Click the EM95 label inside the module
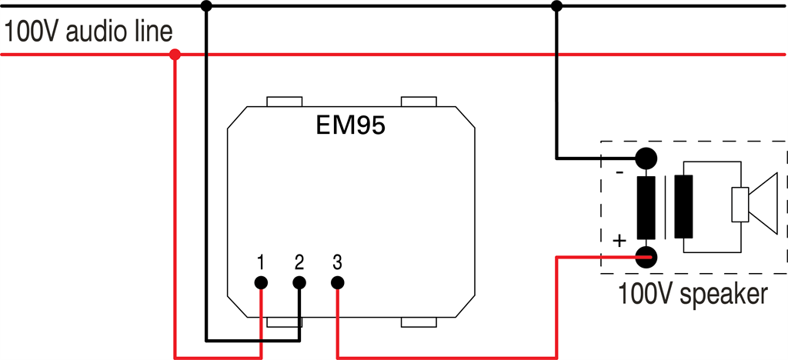[350, 125]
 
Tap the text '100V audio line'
[88, 32]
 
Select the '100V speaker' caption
[692, 294]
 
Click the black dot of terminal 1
[262, 282]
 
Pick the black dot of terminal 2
[299, 282]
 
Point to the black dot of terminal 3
[337, 282]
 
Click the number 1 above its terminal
[262, 262]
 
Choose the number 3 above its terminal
[337, 262]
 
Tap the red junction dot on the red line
[175, 55]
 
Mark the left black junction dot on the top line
[205, 7]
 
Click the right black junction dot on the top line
[556, 7]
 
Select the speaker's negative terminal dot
[646, 159]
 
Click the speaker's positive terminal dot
[646, 257]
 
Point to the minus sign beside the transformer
[620, 172]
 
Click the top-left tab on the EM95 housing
[284, 102]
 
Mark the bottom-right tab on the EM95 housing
[419, 322]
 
